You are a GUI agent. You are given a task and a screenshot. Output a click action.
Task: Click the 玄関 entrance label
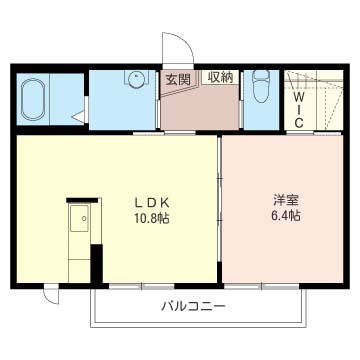click(176, 77)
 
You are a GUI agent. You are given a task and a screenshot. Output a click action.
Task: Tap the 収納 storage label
click(220, 77)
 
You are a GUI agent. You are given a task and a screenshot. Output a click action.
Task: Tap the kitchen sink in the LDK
click(78, 218)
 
